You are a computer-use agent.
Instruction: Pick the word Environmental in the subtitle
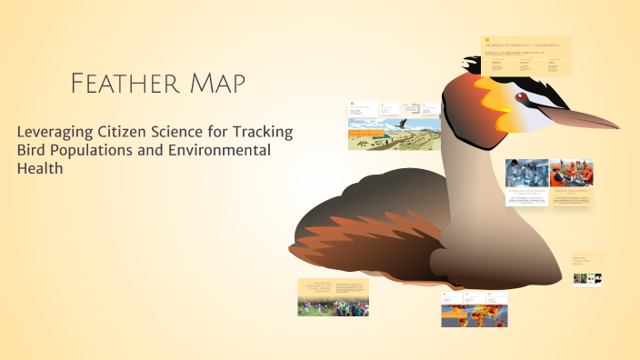(220, 150)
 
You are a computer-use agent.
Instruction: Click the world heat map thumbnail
(475, 315)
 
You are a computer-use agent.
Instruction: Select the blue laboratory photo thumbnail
(526, 172)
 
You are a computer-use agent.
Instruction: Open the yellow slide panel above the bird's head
(525, 56)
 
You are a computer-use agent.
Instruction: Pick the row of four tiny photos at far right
(587, 279)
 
